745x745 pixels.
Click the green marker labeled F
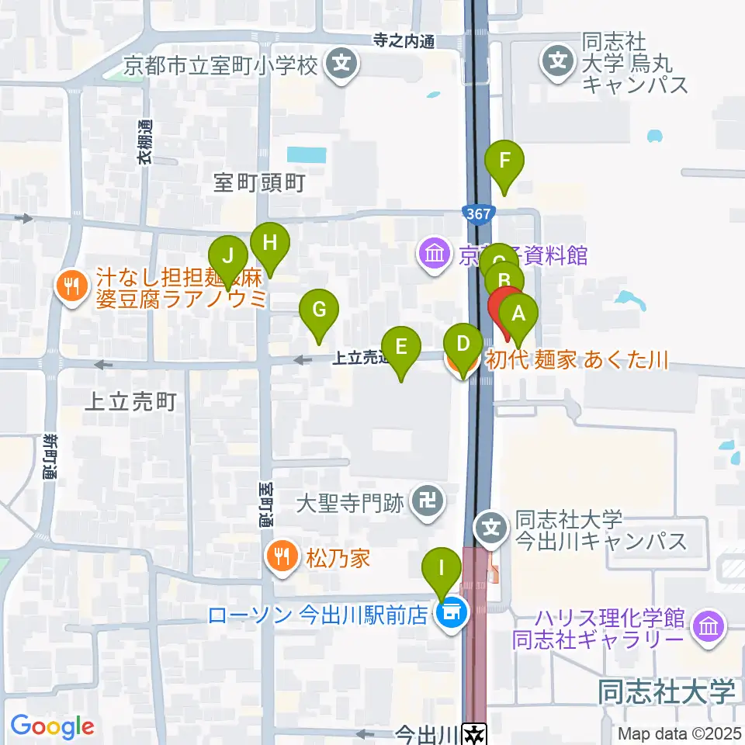(504, 163)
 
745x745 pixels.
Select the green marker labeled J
(228, 256)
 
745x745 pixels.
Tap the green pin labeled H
(269, 244)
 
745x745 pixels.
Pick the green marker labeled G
(319, 310)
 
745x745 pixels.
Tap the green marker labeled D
(463, 345)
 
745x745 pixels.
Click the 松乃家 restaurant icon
(279, 555)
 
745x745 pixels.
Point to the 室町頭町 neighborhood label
(260, 183)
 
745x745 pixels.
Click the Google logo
(52, 727)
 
